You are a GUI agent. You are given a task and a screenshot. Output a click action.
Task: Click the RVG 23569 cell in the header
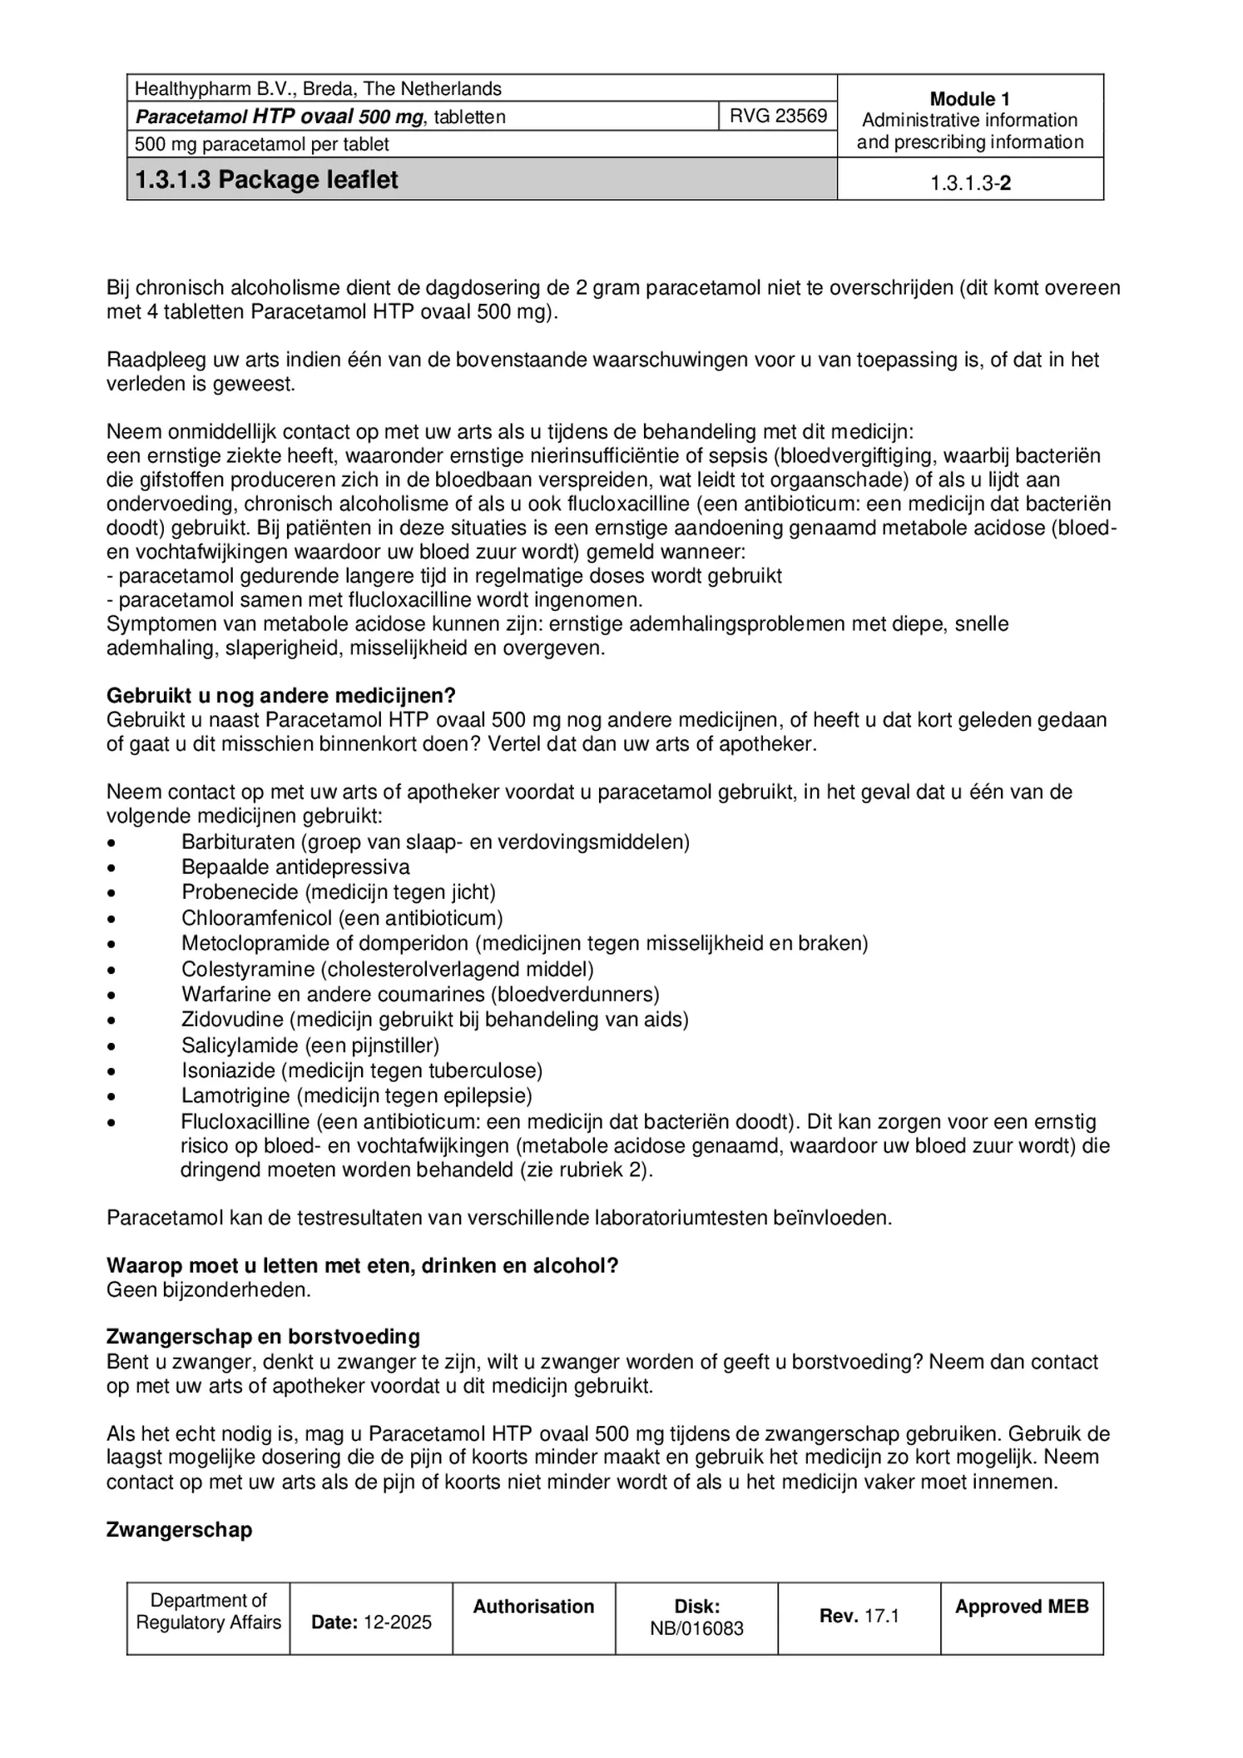click(778, 116)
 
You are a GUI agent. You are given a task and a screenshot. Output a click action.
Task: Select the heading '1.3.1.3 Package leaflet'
click(267, 180)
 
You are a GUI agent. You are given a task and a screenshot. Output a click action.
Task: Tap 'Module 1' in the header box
click(969, 98)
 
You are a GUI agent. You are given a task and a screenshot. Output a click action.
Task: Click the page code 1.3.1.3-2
click(970, 183)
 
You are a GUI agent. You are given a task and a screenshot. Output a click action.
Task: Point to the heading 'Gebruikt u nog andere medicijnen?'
click(281, 696)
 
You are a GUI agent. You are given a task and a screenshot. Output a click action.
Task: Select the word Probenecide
click(240, 892)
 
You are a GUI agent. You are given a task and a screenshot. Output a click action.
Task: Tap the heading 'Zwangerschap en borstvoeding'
click(263, 1337)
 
